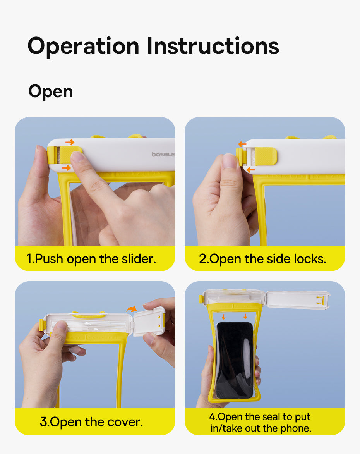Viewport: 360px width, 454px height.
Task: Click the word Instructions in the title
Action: tap(213, 45)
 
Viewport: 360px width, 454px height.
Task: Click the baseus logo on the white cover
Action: tap(163, 154)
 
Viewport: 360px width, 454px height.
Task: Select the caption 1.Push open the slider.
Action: tap(91, 259)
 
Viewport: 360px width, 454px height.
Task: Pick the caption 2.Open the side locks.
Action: tap(262, 259)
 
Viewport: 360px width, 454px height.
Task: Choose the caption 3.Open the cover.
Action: tap(91, 422)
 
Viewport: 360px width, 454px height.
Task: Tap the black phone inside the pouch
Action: tap(235, 361)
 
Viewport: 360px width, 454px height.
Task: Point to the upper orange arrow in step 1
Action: tap(70, 142)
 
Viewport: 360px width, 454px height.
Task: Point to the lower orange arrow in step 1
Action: tap(66, 168)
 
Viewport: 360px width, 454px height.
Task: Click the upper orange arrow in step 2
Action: tap(242, 144)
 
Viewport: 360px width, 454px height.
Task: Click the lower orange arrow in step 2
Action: tap(250, 170)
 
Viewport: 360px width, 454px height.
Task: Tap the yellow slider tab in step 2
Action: tap(266, 156)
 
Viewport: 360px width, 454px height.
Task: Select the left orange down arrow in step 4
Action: tap(224, 317)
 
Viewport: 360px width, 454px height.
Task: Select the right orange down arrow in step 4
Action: tap(245, 316)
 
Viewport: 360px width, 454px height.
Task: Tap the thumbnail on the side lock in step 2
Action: tap(230, 161)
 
